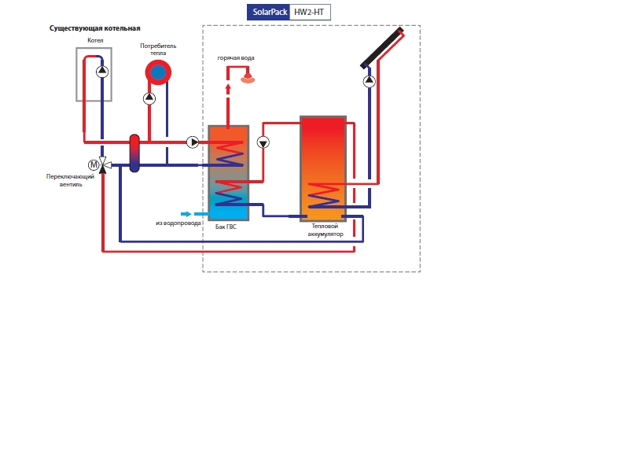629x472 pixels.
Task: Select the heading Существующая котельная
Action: click(x=94, y=28)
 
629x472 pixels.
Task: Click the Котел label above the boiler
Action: click(x=95, y=40)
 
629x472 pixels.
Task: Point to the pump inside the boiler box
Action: click(x=102, y=72)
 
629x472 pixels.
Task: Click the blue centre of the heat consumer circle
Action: click(x=158, y=73)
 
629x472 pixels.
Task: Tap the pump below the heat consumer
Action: click(x=149, y=98)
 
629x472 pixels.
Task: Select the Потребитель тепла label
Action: click(x=158, y=49)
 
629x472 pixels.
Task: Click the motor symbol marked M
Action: click(x=94, y=164)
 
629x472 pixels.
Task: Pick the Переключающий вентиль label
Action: click(x=71, y=180)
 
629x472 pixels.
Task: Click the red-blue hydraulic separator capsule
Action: click(x=134, y=153)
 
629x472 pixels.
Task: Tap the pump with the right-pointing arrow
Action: click(x=193, y=142)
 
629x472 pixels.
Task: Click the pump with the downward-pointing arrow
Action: click(x=263, y=142)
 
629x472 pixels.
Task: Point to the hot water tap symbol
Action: click(x=248, y=78)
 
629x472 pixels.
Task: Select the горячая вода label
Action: click(x=236, y=58)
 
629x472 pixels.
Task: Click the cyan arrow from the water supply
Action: click(x=186, y=214)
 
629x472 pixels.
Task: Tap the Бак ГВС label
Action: click(x=226, y=227)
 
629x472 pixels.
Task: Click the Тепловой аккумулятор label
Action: click(x=326, y=230)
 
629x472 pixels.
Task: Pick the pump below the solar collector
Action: click(x=369, y=80)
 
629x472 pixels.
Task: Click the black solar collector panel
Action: click(x=382, y=48)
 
